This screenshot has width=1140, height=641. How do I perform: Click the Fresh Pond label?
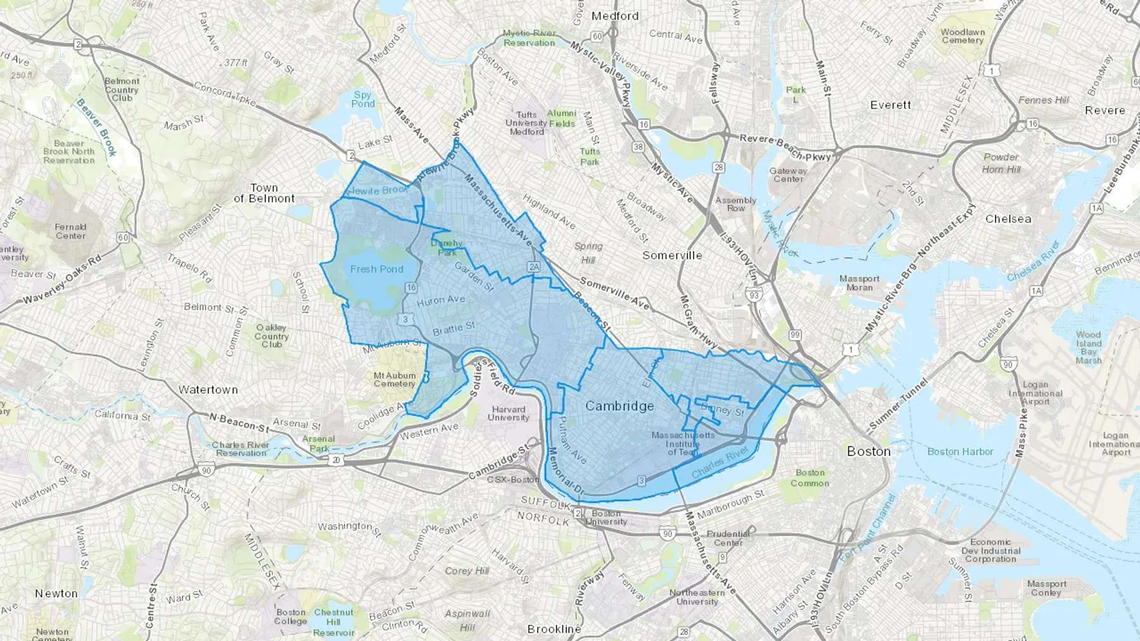[x=377, y=269]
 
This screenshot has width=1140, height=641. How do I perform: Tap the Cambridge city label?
[x=619, y=406]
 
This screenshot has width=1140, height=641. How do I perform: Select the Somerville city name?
[x=672, y=255]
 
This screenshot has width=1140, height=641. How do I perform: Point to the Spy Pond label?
[x=363, y=99]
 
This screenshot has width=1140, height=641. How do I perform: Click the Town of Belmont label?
[x=264, y=193]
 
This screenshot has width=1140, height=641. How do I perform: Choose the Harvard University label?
[x=509, y=413]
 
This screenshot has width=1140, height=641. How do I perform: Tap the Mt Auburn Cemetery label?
[x=394, y=379]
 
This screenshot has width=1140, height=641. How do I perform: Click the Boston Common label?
[x=810, y=478]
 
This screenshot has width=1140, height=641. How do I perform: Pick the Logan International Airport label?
[x=1035, y=393]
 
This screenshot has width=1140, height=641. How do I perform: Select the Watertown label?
[x=208, y=390]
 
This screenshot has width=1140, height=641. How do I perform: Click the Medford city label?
[x=614, y=16]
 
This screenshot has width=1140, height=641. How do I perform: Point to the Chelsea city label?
[x=1008, y=219]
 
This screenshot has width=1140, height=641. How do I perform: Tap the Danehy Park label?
[x=446, y=247]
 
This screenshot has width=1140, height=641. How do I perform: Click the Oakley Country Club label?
[x=272, y=336]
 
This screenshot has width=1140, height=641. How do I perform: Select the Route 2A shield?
[x=534, y=267]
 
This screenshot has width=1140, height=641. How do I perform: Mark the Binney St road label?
[x=723, y=410]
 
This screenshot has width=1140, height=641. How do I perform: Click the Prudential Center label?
[x=728, y=538]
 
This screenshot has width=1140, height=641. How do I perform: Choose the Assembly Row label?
[x=735, y=204]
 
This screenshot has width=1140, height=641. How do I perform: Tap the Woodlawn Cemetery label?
[x=963, y=36]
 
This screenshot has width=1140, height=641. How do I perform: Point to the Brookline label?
[x=554, y=629]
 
